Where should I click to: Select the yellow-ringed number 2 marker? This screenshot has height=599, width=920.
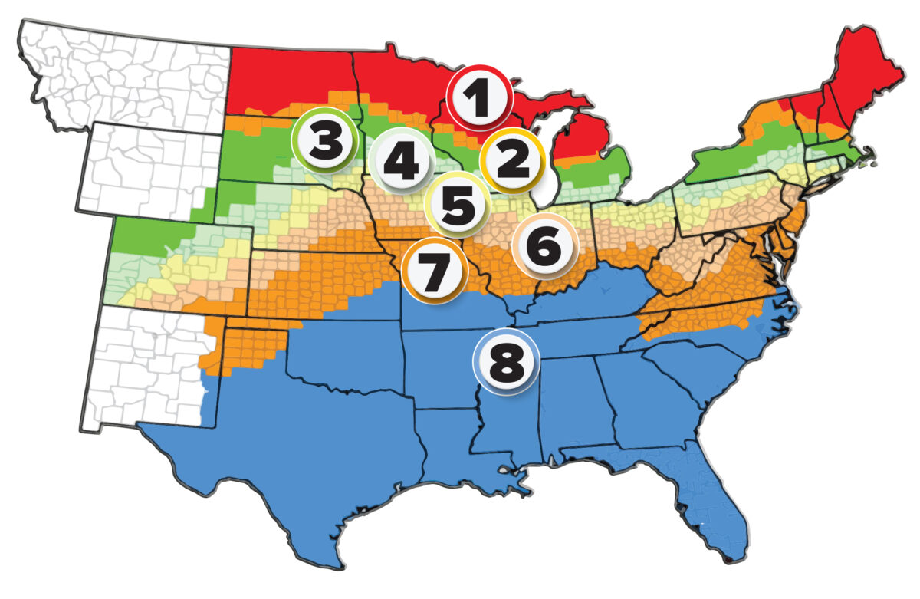tap(512, 160)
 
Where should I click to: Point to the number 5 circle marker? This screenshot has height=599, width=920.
tap(458, 204)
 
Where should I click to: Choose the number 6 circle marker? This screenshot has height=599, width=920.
tap(544, 246)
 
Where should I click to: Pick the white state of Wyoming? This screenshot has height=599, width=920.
tap(153, 169)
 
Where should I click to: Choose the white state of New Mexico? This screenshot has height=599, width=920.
tap(146, 368)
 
